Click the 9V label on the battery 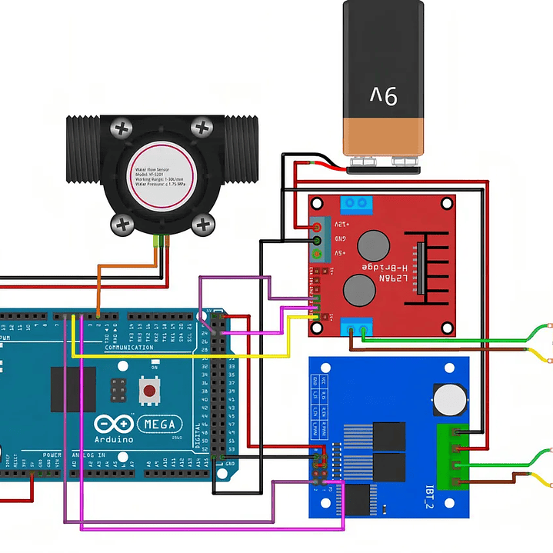pyautogui.click(x=382, y=95)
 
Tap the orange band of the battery pyautogui.click(x=382, y=135)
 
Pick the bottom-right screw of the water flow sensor pyautogui.click(x=204, y=225)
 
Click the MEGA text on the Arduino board pyautogui.click(x=160, y=424)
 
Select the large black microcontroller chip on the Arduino pyautogui.click(x=74, y=388)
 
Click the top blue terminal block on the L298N pyautogui.click(x=357, y=204)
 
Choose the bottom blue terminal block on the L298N pyautogui.click(x=357, y=328)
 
